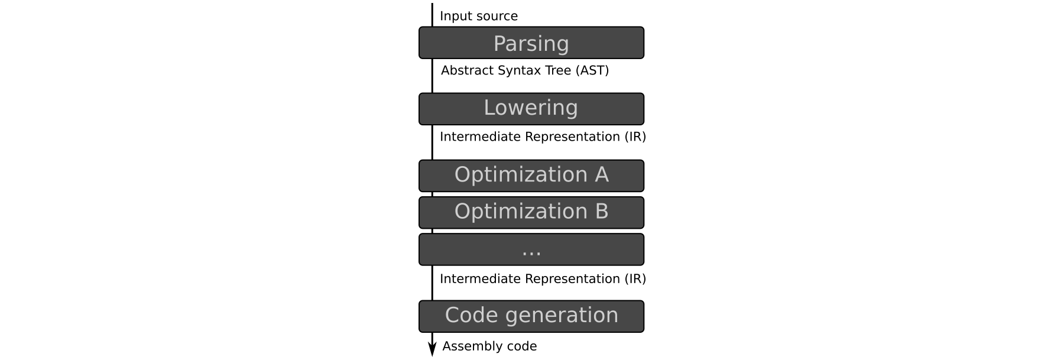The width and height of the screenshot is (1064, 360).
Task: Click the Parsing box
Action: (531, 43)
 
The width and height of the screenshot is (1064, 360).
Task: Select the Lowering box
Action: (531, 109)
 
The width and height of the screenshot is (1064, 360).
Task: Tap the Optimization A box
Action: (531, 176)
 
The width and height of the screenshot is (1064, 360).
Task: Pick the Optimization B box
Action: (531, 212)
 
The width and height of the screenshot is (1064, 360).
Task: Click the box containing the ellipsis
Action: (531, 249)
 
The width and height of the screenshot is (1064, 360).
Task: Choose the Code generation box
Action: (531, 316)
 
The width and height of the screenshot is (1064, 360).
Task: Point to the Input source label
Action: (479, 16)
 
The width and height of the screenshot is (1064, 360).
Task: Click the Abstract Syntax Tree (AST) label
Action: (525, 70)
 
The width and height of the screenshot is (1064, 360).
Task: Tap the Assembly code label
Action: (489, 346)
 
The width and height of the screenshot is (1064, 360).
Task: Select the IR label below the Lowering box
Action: (543, 137)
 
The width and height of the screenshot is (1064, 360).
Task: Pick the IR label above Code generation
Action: (543, 278)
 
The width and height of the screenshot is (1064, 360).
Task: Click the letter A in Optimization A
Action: (602, 174)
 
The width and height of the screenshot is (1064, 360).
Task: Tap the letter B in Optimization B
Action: (602, 211)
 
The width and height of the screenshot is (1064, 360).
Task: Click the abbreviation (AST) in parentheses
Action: (592, 70)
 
